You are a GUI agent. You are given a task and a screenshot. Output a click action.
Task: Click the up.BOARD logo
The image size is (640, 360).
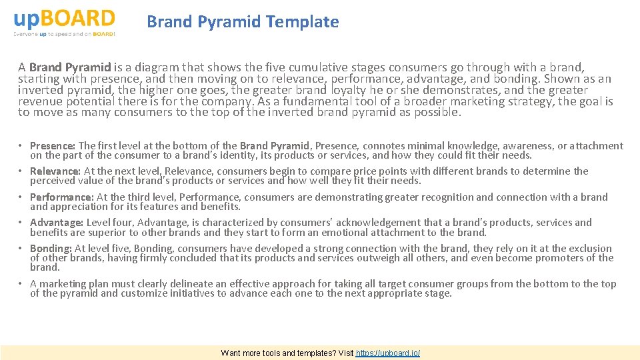(64, 18)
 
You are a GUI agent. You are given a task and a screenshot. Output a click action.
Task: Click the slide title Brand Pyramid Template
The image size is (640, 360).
(243, 22)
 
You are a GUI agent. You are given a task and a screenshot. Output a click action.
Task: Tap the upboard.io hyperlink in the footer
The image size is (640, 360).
(388, 353)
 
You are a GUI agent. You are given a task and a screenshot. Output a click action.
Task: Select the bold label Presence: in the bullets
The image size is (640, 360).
(53, 146)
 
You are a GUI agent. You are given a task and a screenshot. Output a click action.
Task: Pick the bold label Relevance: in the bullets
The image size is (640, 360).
(55, 171)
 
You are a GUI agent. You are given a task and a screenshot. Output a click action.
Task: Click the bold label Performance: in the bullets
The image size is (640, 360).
(62, 197)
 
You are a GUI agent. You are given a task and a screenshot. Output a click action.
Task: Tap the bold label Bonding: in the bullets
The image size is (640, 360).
(51, 249)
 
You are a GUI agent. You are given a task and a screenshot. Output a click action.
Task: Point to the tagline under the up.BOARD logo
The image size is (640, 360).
(64, 34)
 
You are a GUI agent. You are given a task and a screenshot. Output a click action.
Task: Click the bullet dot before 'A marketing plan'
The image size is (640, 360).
(21, 284)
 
